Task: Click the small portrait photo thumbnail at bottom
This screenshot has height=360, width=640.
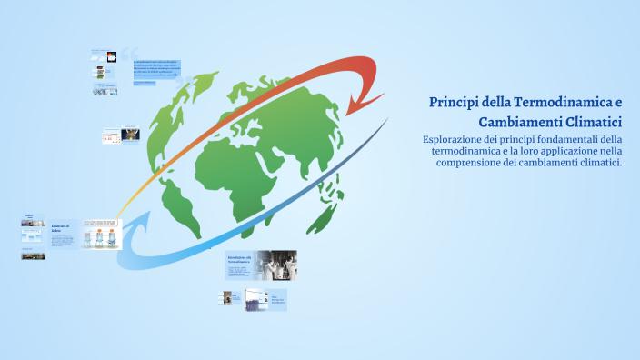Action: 226,297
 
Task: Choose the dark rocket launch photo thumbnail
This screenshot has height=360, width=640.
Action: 131,135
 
